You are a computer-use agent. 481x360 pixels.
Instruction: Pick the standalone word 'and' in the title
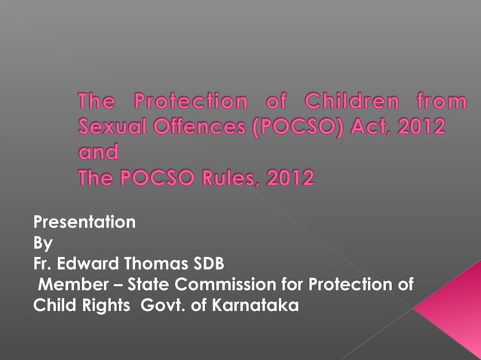tap(99, 153)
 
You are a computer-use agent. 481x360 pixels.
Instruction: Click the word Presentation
tap(84, 222)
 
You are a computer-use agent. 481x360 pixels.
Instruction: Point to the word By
tap(43, 243)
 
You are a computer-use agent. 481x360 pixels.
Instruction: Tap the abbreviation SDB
tap(207, 264)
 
